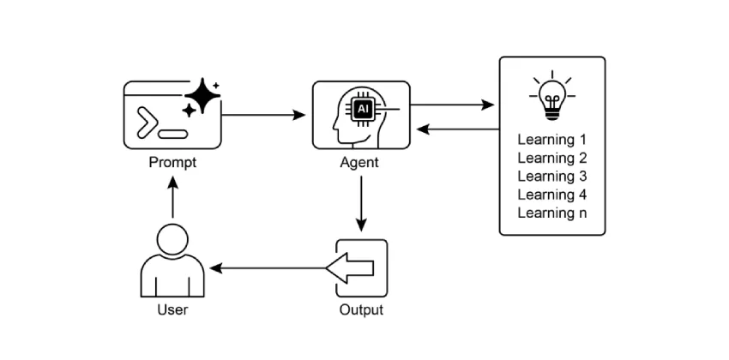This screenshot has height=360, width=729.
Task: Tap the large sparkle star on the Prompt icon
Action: pyautogui.click(x=202, y=96)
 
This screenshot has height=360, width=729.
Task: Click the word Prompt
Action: pyautogui.click(x=172, y=162)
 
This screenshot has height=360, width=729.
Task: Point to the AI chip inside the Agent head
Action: pyautogui.click(x=364, y=109)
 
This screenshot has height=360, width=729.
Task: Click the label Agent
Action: pyautogui.click(x=360, y=162)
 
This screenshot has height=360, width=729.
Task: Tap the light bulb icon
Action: pyautogui.click(x=552, y=93)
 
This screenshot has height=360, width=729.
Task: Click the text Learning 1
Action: pyautogui.click(x=551, y=139)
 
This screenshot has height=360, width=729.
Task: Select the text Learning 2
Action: pyautogui.click(x=551, y=158)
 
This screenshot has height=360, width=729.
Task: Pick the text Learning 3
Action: pyautogui.click(x=551, y=176)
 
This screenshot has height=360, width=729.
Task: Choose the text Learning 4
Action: pyautogui.click(x=551, y=195)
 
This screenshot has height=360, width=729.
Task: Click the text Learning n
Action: pyautogui.click(x=551, y=213)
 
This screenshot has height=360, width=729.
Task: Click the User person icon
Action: pyautogui.click(x=172, y=261)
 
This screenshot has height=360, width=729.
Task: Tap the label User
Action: pyautogui.click(x=172, y=309)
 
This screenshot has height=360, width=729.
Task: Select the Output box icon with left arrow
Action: pyautogui.click(x=360, y=267)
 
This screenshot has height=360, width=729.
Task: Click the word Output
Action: pyautogui.click(x=360, y=309)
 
